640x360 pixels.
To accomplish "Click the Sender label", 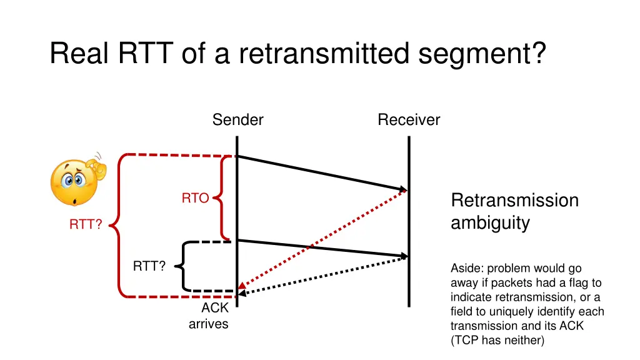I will [x=237, y=120].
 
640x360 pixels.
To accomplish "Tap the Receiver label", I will [x=409, y=120].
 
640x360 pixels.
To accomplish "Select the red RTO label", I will [x=195, y=199].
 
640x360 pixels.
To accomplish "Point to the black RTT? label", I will [x=149, y=267].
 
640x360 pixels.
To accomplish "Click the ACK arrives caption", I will [x=209, y=316].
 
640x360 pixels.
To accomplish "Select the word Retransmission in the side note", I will [x=514, y=201].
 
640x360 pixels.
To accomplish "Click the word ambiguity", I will [x=490, y=223].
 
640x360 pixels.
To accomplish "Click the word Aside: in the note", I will [x=467, y=269].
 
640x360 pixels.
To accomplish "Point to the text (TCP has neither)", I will [x=497, y=340].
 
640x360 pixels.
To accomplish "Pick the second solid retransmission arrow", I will [x=322, y=248].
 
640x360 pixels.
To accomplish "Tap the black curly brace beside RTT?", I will [x=182, y=267].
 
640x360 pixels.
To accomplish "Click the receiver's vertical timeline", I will [x=409, y=281].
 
